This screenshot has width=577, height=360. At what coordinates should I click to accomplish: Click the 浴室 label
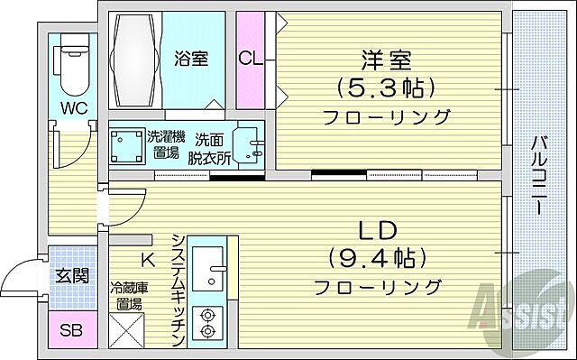[x=191, y=59]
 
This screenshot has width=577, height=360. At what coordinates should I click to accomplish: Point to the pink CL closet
[x=252, y=60]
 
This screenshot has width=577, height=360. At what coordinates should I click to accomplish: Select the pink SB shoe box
[x=70, y=330]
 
